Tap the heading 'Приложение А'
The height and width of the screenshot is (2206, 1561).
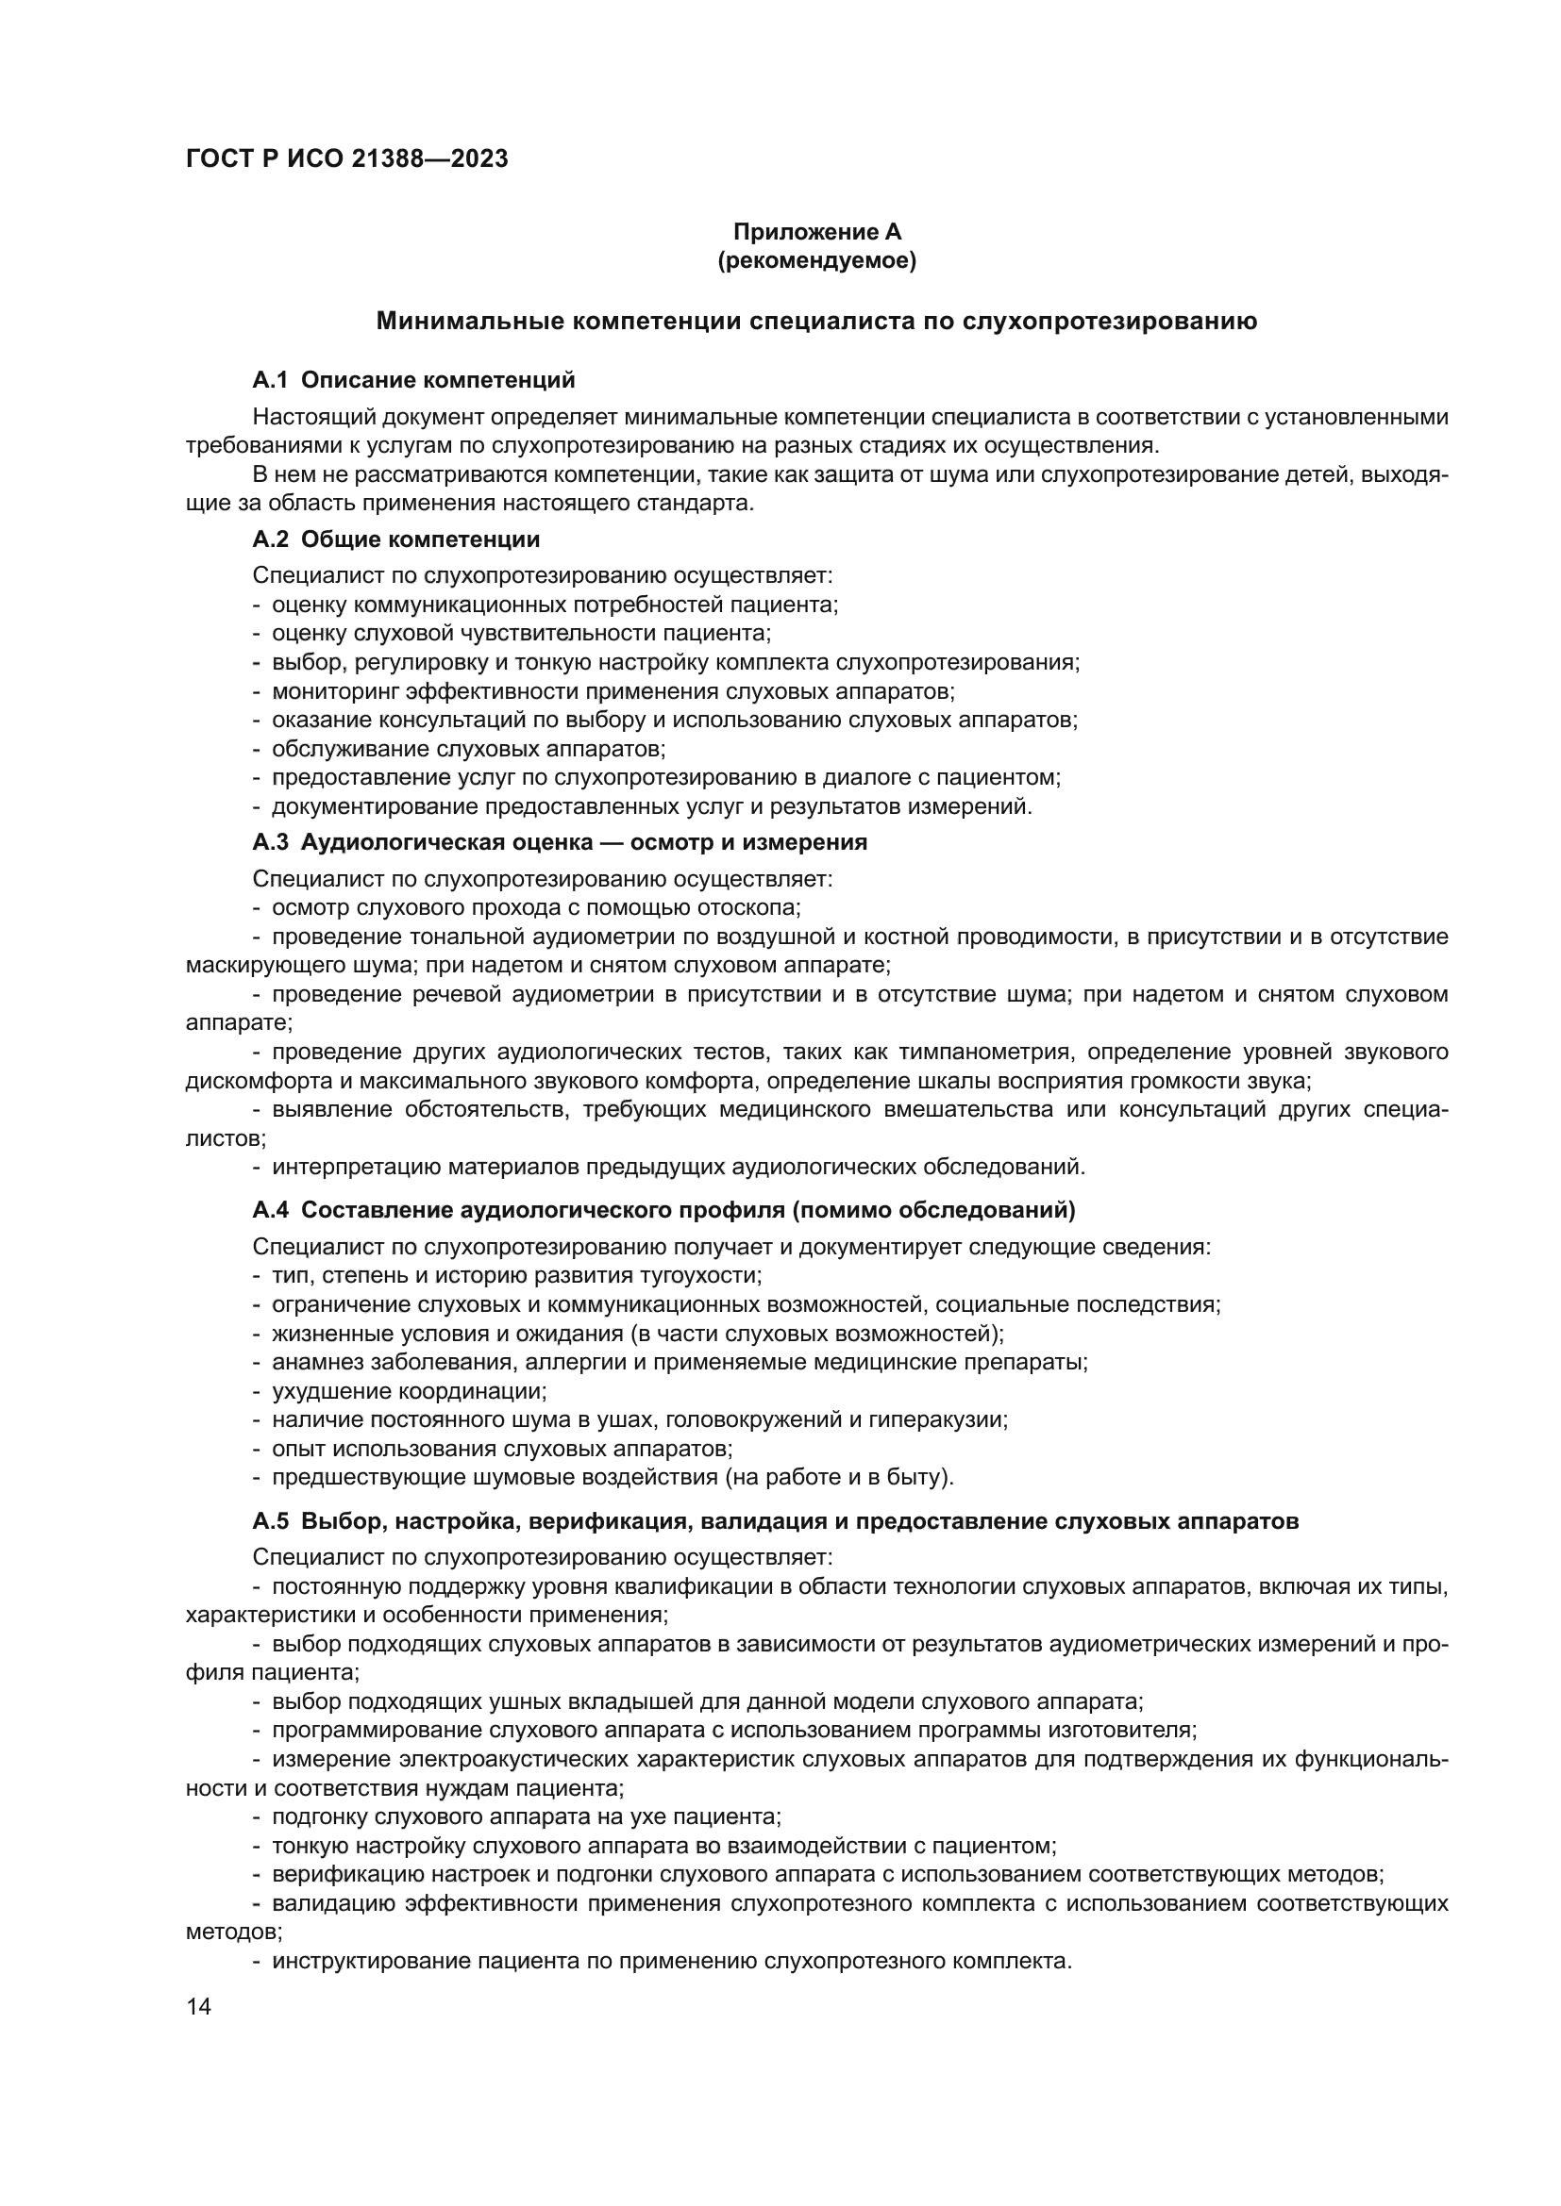[x=817, y=232]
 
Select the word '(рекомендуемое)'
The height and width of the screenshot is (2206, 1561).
[x=817, y=260]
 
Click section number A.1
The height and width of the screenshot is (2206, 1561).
[x=270, y=380]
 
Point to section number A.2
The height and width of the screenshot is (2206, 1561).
[x=270, y=540]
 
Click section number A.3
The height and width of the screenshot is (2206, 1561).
[x=270, y=842]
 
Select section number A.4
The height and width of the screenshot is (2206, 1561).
[x=270, y=1211]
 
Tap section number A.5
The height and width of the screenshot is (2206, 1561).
[x=270, y=1522]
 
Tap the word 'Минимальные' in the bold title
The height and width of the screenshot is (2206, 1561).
[x=466, y=321]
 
